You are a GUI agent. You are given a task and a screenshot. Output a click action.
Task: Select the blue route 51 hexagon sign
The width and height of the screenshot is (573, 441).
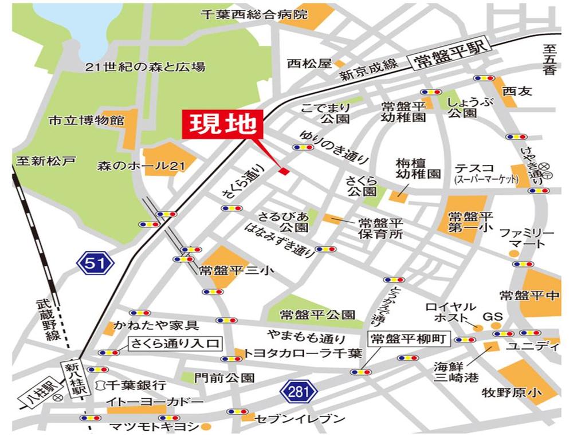click(x=96, y=263)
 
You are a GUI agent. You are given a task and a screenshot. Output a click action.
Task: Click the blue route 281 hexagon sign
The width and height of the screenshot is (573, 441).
click(x=299, y=393)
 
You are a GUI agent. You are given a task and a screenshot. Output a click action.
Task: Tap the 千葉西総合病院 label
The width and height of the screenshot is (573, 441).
click(x=254, y=15)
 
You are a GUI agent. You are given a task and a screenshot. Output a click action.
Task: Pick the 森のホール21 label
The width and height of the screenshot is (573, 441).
click(x=140, y=166)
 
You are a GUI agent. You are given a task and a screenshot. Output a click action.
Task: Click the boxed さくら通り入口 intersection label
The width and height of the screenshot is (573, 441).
click(x=174, y=344)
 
